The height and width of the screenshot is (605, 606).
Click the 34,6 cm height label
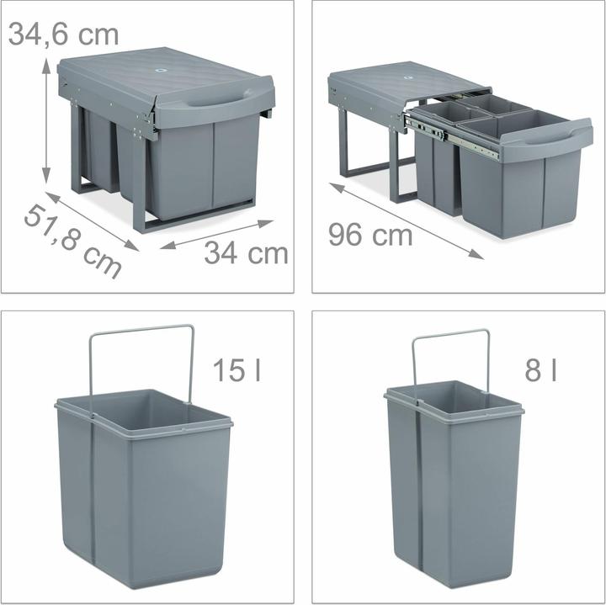[64, 34]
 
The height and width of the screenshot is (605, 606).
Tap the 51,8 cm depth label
[72, 241]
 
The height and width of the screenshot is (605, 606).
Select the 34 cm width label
[246, 252]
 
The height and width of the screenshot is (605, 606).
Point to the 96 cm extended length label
[370, 236]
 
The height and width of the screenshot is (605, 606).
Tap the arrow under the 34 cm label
[217, 234]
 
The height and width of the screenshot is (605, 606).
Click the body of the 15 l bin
[147, 496]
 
